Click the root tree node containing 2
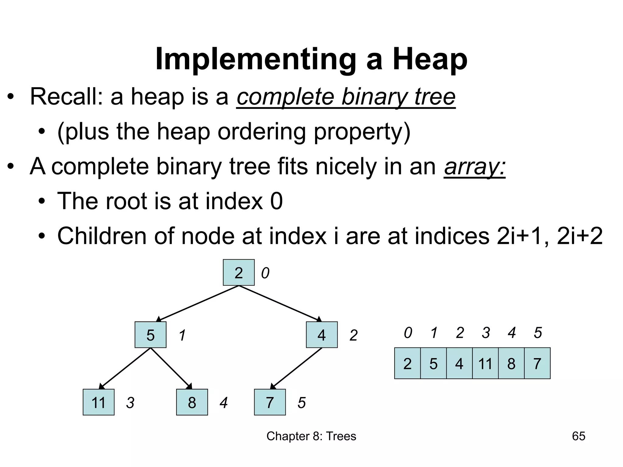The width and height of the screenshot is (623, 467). point(238,272)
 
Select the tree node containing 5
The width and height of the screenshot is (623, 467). point(151,335)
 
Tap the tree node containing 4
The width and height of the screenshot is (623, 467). point(322,335)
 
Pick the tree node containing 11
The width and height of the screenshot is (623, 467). point(99,402)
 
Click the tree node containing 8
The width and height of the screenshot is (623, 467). point(192,402)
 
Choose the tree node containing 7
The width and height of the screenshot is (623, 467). point(270,402)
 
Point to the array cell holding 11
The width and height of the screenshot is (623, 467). point(485,363)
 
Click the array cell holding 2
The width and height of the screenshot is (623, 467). point(407,363)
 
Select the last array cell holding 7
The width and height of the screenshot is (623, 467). point(537,363)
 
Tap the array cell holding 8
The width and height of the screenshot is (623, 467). point(511,363)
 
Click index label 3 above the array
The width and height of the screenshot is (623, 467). point(486,333)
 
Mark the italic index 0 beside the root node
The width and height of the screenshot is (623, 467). point(265,273)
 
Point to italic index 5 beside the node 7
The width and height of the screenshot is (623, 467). point(301,403)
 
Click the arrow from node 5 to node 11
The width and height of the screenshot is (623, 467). point(125,368)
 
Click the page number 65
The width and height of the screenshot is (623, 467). point(579,436)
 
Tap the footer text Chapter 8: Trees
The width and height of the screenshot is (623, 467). point(311,436)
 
